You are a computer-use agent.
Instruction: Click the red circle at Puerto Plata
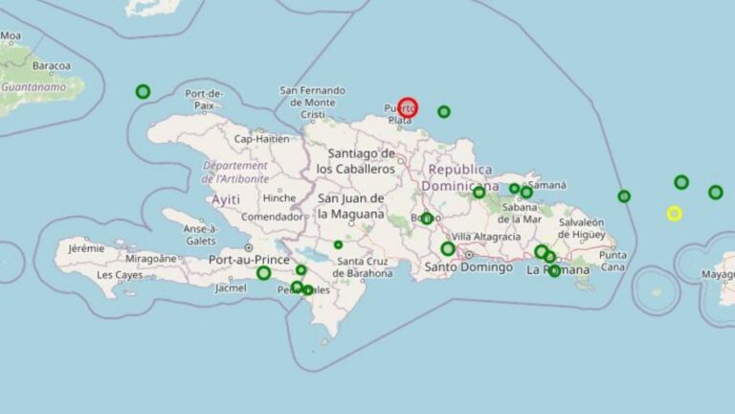[x=408, y=107]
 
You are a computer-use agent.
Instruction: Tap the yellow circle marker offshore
[x=674, y=214]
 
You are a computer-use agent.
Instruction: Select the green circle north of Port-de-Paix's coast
[x=143, y=92]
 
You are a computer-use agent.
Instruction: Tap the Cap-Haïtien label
[x=261, y=138]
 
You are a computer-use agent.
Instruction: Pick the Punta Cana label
[x=613, y=261]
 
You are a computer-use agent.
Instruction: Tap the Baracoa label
[x=51, y=66]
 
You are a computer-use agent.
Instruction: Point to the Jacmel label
[x=232, y=287]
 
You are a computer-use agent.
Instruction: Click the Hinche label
[x=279, y=198]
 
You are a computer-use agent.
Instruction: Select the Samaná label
[x=547, y=184]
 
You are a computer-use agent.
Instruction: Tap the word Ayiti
[x=226, y=199]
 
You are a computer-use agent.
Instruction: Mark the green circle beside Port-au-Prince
[x=263, y=273]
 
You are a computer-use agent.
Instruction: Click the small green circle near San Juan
[x=338, y=245]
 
